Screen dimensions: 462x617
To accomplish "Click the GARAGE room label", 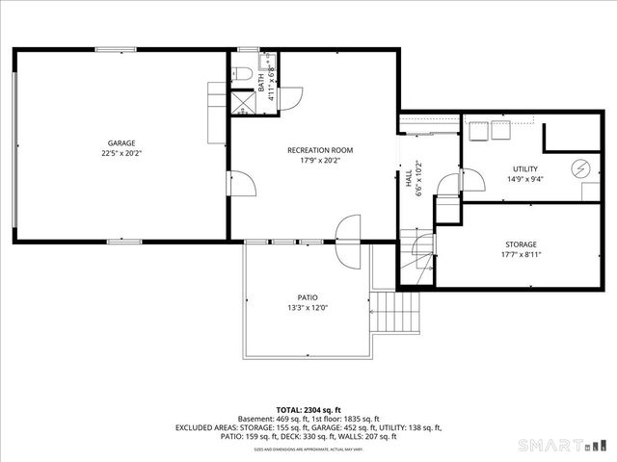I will point(121,142).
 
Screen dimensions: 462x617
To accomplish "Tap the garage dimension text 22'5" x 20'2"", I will point(121,153).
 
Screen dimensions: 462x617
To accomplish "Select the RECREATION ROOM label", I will point(320,150).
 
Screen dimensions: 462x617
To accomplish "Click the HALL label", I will point(409,177).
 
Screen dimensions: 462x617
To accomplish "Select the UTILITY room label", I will point(524,168).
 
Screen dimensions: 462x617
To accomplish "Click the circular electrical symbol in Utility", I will point(579,167).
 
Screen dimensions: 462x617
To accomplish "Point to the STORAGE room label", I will point(521,244).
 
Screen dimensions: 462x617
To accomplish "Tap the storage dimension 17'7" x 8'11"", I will point(521,255).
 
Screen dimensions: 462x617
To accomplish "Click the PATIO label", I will point(307,297).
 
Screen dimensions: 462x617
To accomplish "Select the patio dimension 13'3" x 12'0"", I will point(307,308).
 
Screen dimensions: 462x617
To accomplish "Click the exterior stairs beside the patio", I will point(397,311).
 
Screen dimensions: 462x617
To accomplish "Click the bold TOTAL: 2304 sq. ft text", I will point(308,409).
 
